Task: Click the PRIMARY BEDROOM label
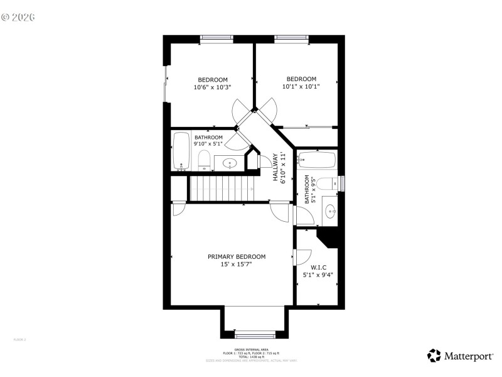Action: [x=237, y=256]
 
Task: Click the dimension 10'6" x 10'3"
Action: [x=213, y=87]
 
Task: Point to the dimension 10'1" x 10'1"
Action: [x=301, y=87]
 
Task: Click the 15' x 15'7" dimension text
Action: [x=237, y=265]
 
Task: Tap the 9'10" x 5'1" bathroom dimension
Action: [x=208, y=144]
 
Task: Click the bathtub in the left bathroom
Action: [x=182, y=151]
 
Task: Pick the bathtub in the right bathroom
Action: [x=318, y=160]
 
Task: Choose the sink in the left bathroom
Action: [x=230, y=164]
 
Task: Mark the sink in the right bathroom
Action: [x=330, y=210]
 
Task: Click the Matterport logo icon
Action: [x=434, y=356]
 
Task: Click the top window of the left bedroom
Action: [x=216, y=39]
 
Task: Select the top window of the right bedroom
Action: [x=292, y=39]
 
